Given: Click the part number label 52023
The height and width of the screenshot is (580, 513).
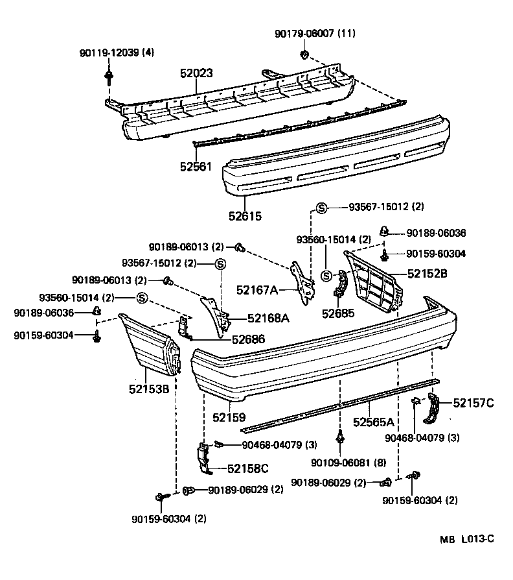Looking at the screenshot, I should tap(196, 74).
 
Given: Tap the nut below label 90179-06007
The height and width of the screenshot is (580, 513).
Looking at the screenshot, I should tap(303, 54).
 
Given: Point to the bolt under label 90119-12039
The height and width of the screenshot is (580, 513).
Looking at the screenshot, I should tap(108, 79).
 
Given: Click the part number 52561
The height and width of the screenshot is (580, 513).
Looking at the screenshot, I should tap(196, 167).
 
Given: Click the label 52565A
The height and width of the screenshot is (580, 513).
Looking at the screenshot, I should tap(374, 422).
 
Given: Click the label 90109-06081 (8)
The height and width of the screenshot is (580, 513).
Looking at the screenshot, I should tap(339, 462).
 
